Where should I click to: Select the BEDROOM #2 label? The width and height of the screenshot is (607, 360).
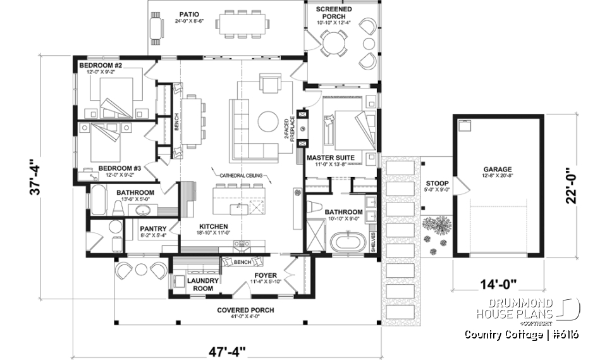pos(101,65)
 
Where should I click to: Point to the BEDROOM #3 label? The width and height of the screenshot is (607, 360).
pos(119,168)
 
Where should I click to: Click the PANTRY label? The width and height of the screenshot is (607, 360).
pos(154,229)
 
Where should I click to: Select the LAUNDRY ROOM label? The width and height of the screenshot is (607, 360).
pos(202,284)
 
